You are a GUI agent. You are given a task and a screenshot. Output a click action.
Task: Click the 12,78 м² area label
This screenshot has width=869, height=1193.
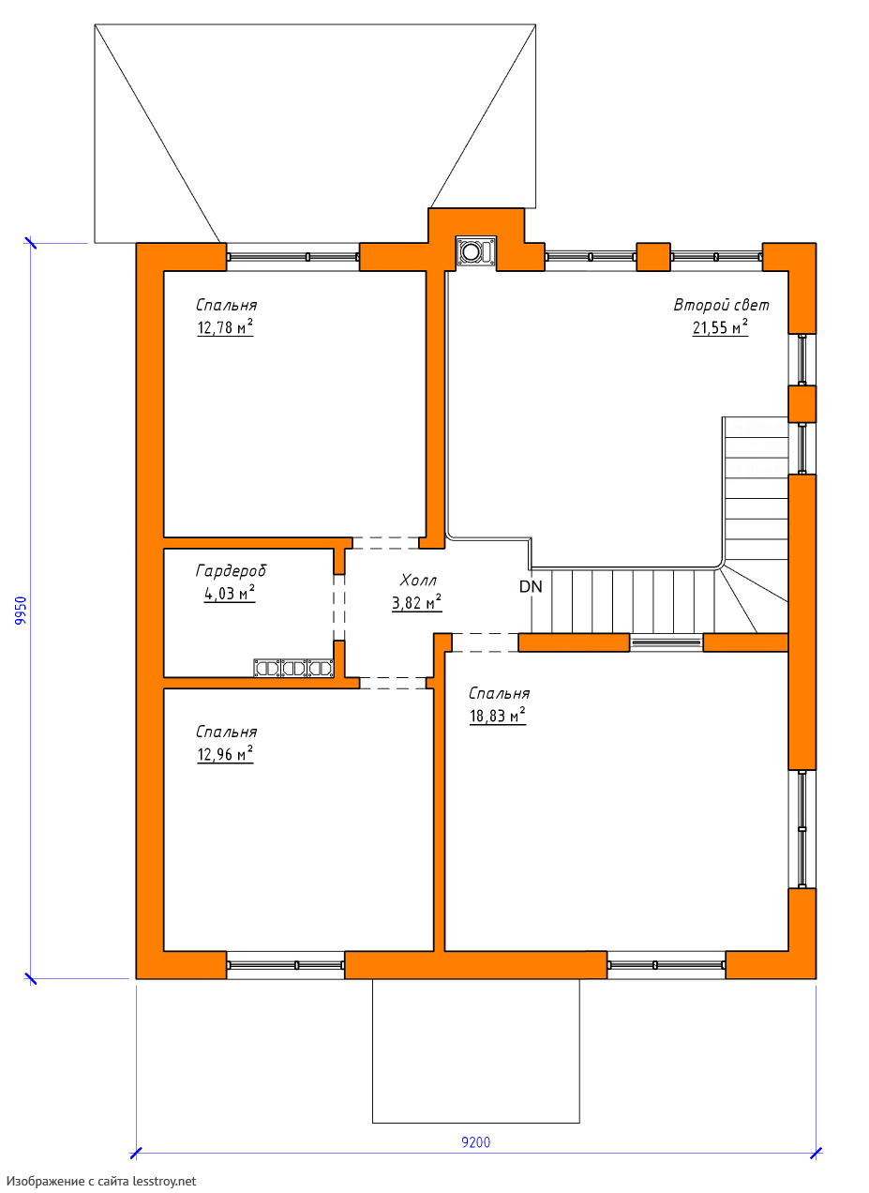pyautogui.click(x=225, y=327)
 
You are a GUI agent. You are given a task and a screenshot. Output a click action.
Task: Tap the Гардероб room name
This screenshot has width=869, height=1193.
pyautogui.click(x=231, y=571)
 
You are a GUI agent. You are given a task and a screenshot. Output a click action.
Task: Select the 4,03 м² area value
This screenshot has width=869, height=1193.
pyautogui.click(x=230, y=593)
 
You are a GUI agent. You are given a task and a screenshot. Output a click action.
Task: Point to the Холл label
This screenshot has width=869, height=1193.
pyautogui.click(x=418, y=580)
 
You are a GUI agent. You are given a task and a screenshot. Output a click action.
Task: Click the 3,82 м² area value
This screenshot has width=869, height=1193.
pyautogui.click(x=417, y=602)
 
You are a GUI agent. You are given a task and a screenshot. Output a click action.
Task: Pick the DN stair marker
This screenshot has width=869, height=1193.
pyautogui.click(x=531, y=586)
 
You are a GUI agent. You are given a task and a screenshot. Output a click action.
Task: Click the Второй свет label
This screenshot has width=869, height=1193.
pyautogui.click(x=721, y=305)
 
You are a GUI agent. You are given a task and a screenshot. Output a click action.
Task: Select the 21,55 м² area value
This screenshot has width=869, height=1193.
pyautogui.click(x=720, y=327)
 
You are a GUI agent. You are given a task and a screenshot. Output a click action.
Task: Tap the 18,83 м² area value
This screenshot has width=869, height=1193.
pyautogui.click(x=498, y=716)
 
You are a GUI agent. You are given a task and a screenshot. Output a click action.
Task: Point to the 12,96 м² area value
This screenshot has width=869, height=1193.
pyautogui.click(x=225, y=754)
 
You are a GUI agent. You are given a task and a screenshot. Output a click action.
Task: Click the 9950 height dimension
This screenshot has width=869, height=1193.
pyautogui.click(x=21, y=611)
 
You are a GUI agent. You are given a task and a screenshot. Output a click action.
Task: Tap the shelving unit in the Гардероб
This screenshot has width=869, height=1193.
pyautogui.click(x=294, y=668)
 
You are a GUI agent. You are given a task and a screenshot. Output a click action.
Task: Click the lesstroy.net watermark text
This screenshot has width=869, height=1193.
pyautogui.click(x=101, y=1181)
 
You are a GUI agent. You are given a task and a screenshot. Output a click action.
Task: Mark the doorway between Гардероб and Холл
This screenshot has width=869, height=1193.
pyautogui.click(x=339, y=607)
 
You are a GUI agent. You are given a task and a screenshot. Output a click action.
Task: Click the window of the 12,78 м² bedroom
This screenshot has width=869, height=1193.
pyautogui.click(x=292, y=257)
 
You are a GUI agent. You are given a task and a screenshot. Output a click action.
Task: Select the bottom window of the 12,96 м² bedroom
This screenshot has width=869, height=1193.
pyautogui.click(x=285, y=965)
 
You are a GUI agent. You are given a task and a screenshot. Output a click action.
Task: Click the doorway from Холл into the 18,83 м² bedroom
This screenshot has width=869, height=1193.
pyautogui.click(x=485, y=642)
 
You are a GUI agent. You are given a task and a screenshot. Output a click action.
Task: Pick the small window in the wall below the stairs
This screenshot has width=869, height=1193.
pyautogui.click(x=667, y=642)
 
